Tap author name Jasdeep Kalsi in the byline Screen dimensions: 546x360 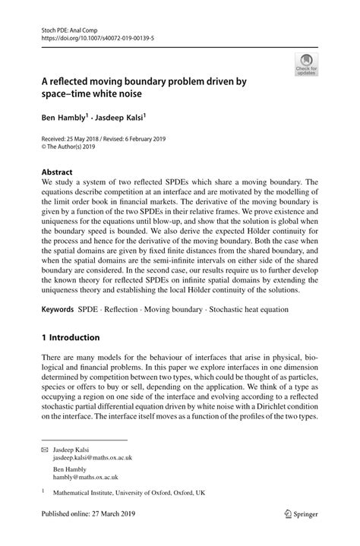(122, 118)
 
